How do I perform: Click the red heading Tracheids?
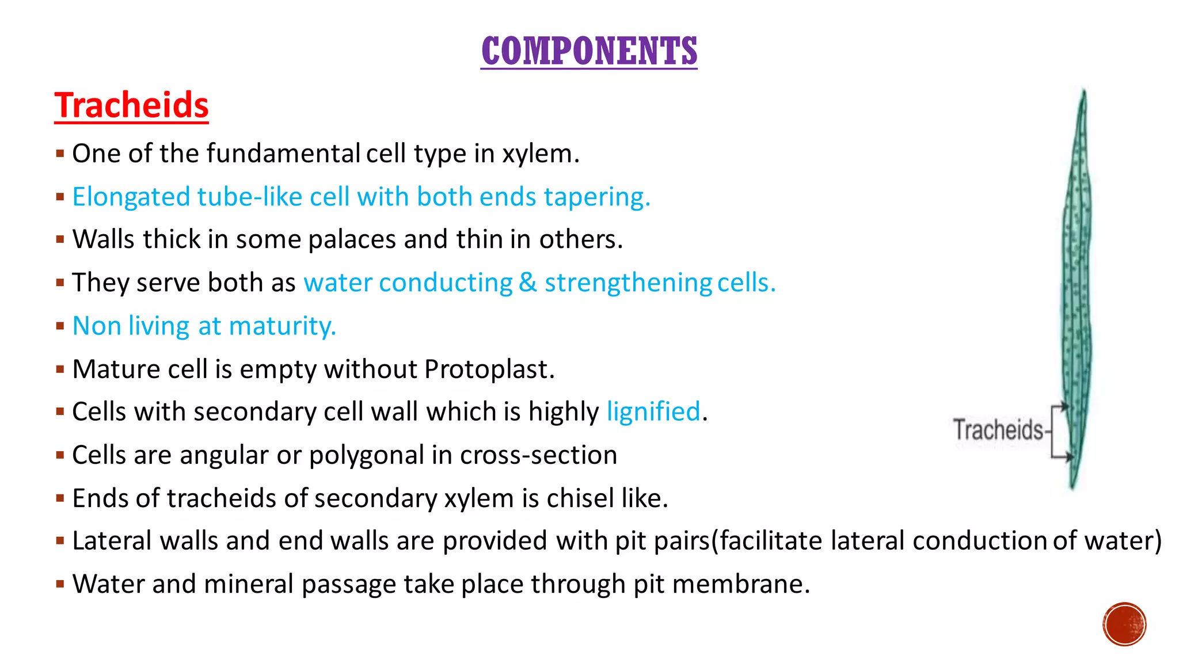pos(131,105)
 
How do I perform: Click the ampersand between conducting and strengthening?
pos(527,283)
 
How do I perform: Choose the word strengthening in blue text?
pos(628,283)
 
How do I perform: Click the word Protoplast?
pos(489,369)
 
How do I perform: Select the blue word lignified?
pos(653,412)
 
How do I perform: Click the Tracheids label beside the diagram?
pos(998,430)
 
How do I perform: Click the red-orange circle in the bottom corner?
pos(1124,624)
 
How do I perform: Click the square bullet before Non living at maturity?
pos(60,326)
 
